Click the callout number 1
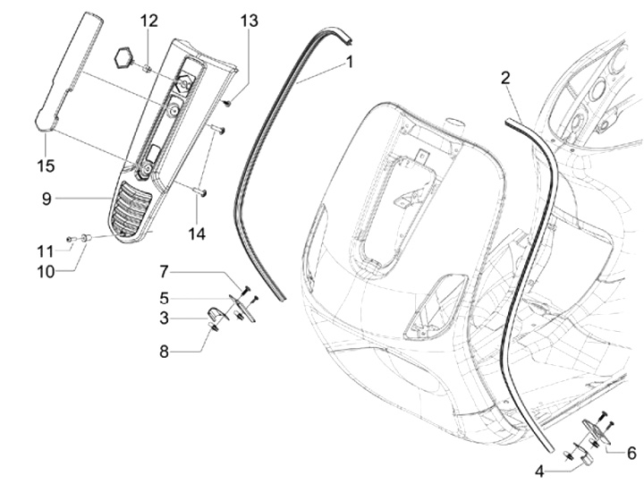(350, 63)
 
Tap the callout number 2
(505, 79)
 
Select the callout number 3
(165, 318)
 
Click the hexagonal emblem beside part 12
(123, 59)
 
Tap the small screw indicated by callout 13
(228, 104)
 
